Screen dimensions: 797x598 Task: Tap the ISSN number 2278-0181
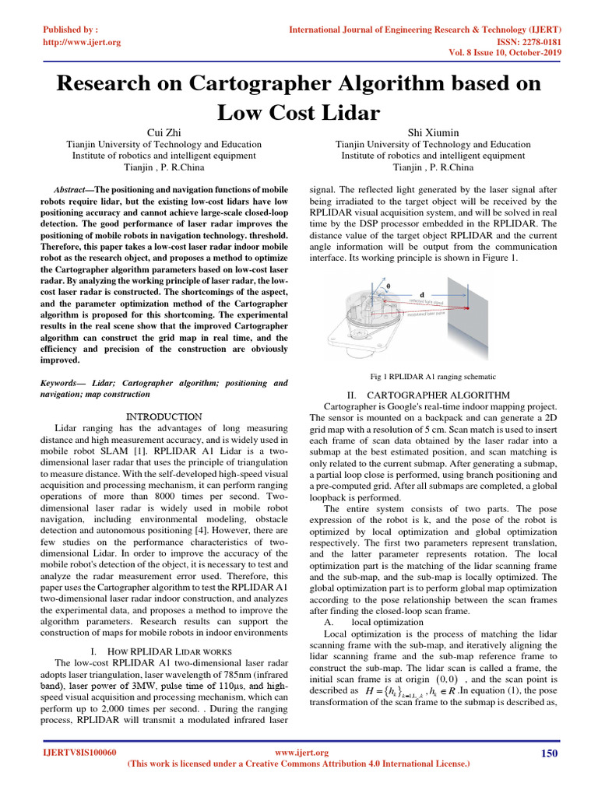tap(536, 42)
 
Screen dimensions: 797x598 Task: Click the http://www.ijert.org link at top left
tap(82, 42)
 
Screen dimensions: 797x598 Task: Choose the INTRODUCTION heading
tap(164, 417)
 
